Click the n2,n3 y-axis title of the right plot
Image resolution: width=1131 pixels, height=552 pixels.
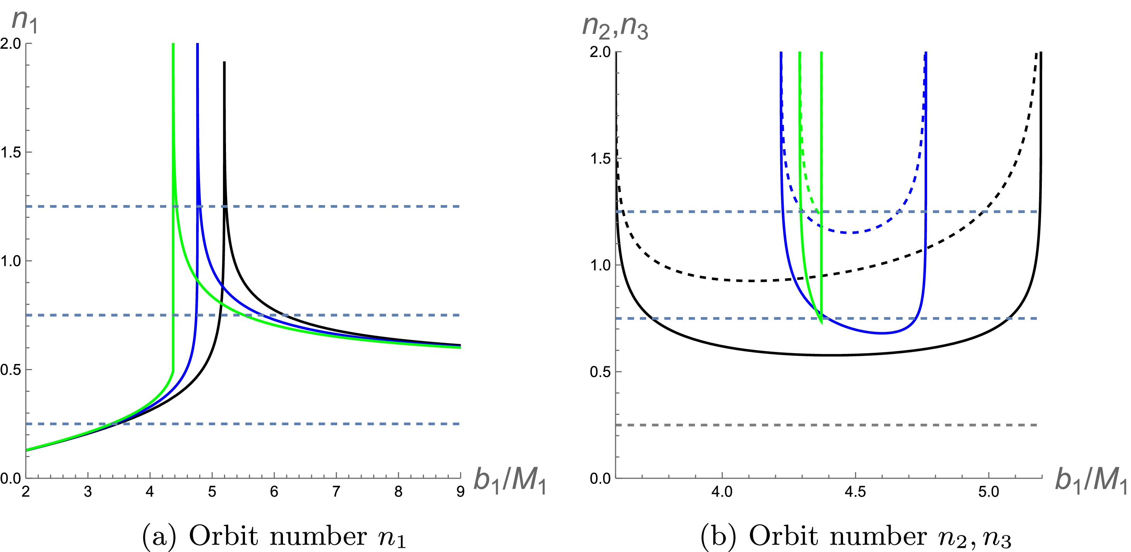coord(615,27)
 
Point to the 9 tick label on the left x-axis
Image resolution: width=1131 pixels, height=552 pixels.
coord(460,492)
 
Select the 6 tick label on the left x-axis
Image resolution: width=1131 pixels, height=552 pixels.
coord(274,492)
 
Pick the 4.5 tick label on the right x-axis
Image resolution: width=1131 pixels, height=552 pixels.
coord(855,492)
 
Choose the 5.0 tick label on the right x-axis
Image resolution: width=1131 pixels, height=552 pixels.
coord(989,492)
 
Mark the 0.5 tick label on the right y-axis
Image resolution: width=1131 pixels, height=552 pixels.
coord(601,372)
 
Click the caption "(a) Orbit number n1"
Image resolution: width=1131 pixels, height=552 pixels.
coord(274,536)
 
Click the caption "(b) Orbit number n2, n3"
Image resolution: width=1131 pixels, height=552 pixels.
coord(857,536)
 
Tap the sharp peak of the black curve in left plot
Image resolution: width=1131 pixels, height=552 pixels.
coord(224,63)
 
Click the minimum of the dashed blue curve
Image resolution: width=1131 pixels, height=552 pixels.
coord(853,233)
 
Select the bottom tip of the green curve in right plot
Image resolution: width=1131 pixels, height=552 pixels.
coord(821,323)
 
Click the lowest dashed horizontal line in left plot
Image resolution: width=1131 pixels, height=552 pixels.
coord(307,424)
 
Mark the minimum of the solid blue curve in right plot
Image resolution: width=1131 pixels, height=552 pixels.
coord(882,333)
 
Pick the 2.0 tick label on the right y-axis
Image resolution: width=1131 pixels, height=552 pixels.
coord(601,52)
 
